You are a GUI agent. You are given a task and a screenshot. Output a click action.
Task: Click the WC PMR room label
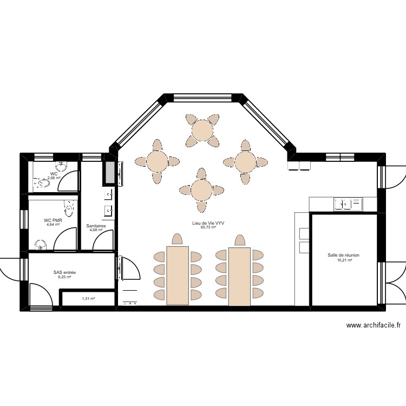click(x=53, y=220)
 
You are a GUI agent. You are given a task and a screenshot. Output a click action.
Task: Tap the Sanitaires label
click(x=96, y=226)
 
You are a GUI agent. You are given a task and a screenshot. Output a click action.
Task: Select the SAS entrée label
click(x=64, y=273)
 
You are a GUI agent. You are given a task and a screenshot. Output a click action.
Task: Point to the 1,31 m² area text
click(x=88, y=298)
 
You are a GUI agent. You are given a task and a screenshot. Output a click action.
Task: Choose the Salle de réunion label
click(x=343, y=255)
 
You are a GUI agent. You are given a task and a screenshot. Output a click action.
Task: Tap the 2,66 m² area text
click(x=53, y=178)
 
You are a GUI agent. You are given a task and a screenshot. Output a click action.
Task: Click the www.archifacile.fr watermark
click(x=373, y=325)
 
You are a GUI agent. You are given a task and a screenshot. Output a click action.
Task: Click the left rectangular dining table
click(x=177, y=275)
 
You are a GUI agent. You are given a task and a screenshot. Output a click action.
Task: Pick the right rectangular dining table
click(x=239, y=275)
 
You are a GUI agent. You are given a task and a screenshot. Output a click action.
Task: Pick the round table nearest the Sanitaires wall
click(x=158, y=161)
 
